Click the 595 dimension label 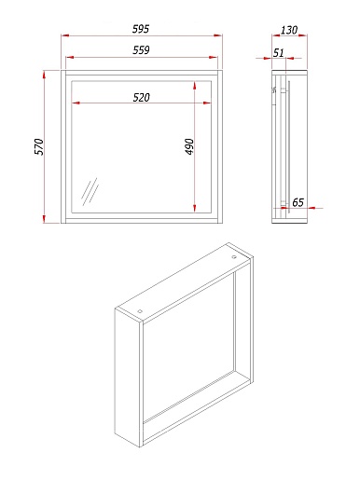pos(141,29)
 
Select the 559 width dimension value pos(141,50)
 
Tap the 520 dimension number pos(142,98)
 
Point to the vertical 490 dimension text pos(189,146)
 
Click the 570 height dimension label pos(39,146)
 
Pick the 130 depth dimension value pos(289,30)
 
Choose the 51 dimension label pos(279,53)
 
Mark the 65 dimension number pos(298,202)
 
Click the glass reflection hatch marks pos(90,191)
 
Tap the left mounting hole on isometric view pos(140,311)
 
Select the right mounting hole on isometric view pos(233,257)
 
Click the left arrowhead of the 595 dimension pos(65,35)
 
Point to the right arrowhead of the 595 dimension pos(218,35)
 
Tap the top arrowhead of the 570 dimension pos(44,75)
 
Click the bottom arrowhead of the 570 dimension pos(44,219)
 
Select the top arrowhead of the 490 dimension pos(195,86)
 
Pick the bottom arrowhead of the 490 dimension pos(195,209)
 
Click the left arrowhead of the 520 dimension pos(76,103)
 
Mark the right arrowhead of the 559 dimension pos(214,58)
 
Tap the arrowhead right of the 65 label pos(311,208)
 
